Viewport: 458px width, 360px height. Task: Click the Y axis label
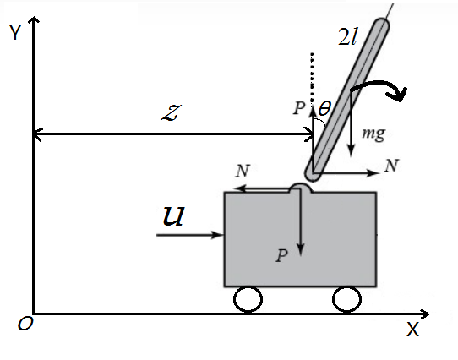15,32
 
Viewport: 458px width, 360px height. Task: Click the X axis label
412,330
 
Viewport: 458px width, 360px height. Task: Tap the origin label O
25,324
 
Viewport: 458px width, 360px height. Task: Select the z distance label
172,112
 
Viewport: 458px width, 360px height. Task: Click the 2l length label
347,37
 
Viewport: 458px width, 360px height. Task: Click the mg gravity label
373,134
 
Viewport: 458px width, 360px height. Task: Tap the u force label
173,215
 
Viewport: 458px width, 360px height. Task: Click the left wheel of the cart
248,299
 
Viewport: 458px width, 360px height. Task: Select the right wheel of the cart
346,299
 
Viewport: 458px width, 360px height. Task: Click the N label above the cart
243,171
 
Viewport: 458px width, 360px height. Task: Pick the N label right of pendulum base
391,166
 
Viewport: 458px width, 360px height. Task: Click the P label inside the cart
282,255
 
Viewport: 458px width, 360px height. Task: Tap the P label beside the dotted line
299,108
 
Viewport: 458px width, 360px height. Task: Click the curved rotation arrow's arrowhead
397,94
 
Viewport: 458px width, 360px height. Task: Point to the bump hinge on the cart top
301,188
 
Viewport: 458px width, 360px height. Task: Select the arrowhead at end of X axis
425,314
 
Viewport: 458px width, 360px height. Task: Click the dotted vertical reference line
313,78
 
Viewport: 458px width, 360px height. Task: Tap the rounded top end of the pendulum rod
381,25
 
